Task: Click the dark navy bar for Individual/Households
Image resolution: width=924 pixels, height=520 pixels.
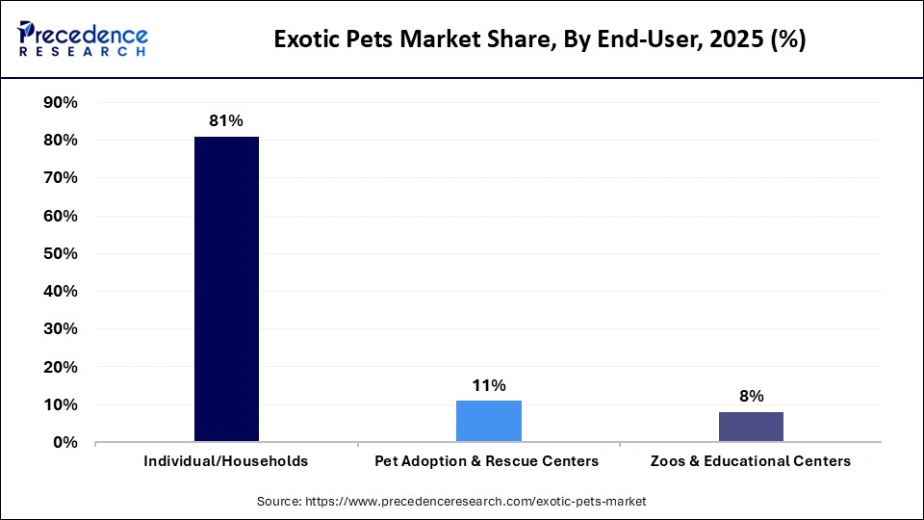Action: [x=226, y=289]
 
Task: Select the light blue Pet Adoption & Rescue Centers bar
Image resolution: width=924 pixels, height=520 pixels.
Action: [x=488, y=421]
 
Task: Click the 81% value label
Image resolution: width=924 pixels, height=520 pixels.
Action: [x=226, y=121]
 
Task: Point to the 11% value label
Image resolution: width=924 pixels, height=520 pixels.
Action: [x=488, y=385]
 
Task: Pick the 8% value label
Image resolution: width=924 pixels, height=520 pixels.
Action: [x=751, y=397]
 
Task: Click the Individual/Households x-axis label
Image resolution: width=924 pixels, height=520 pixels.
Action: [x=226, y=461]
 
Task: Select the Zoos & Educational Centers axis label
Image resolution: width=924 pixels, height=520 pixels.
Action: [x=750, y=461]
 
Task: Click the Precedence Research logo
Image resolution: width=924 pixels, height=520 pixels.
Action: [x=83, y=39]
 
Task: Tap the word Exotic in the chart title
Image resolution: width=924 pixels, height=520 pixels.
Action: [x=306, y=39]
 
